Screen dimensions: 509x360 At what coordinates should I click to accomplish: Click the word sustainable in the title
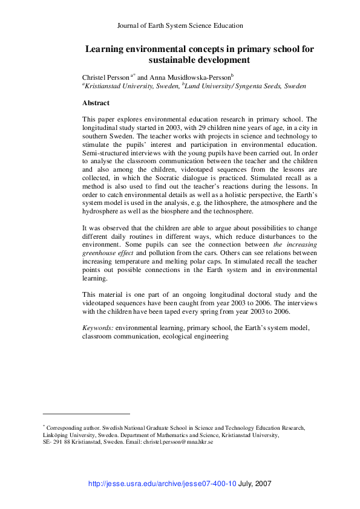point(175,60)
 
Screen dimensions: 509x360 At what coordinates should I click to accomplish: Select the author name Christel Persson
point(106,77)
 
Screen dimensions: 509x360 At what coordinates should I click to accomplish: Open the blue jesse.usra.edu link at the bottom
point(162,484)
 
